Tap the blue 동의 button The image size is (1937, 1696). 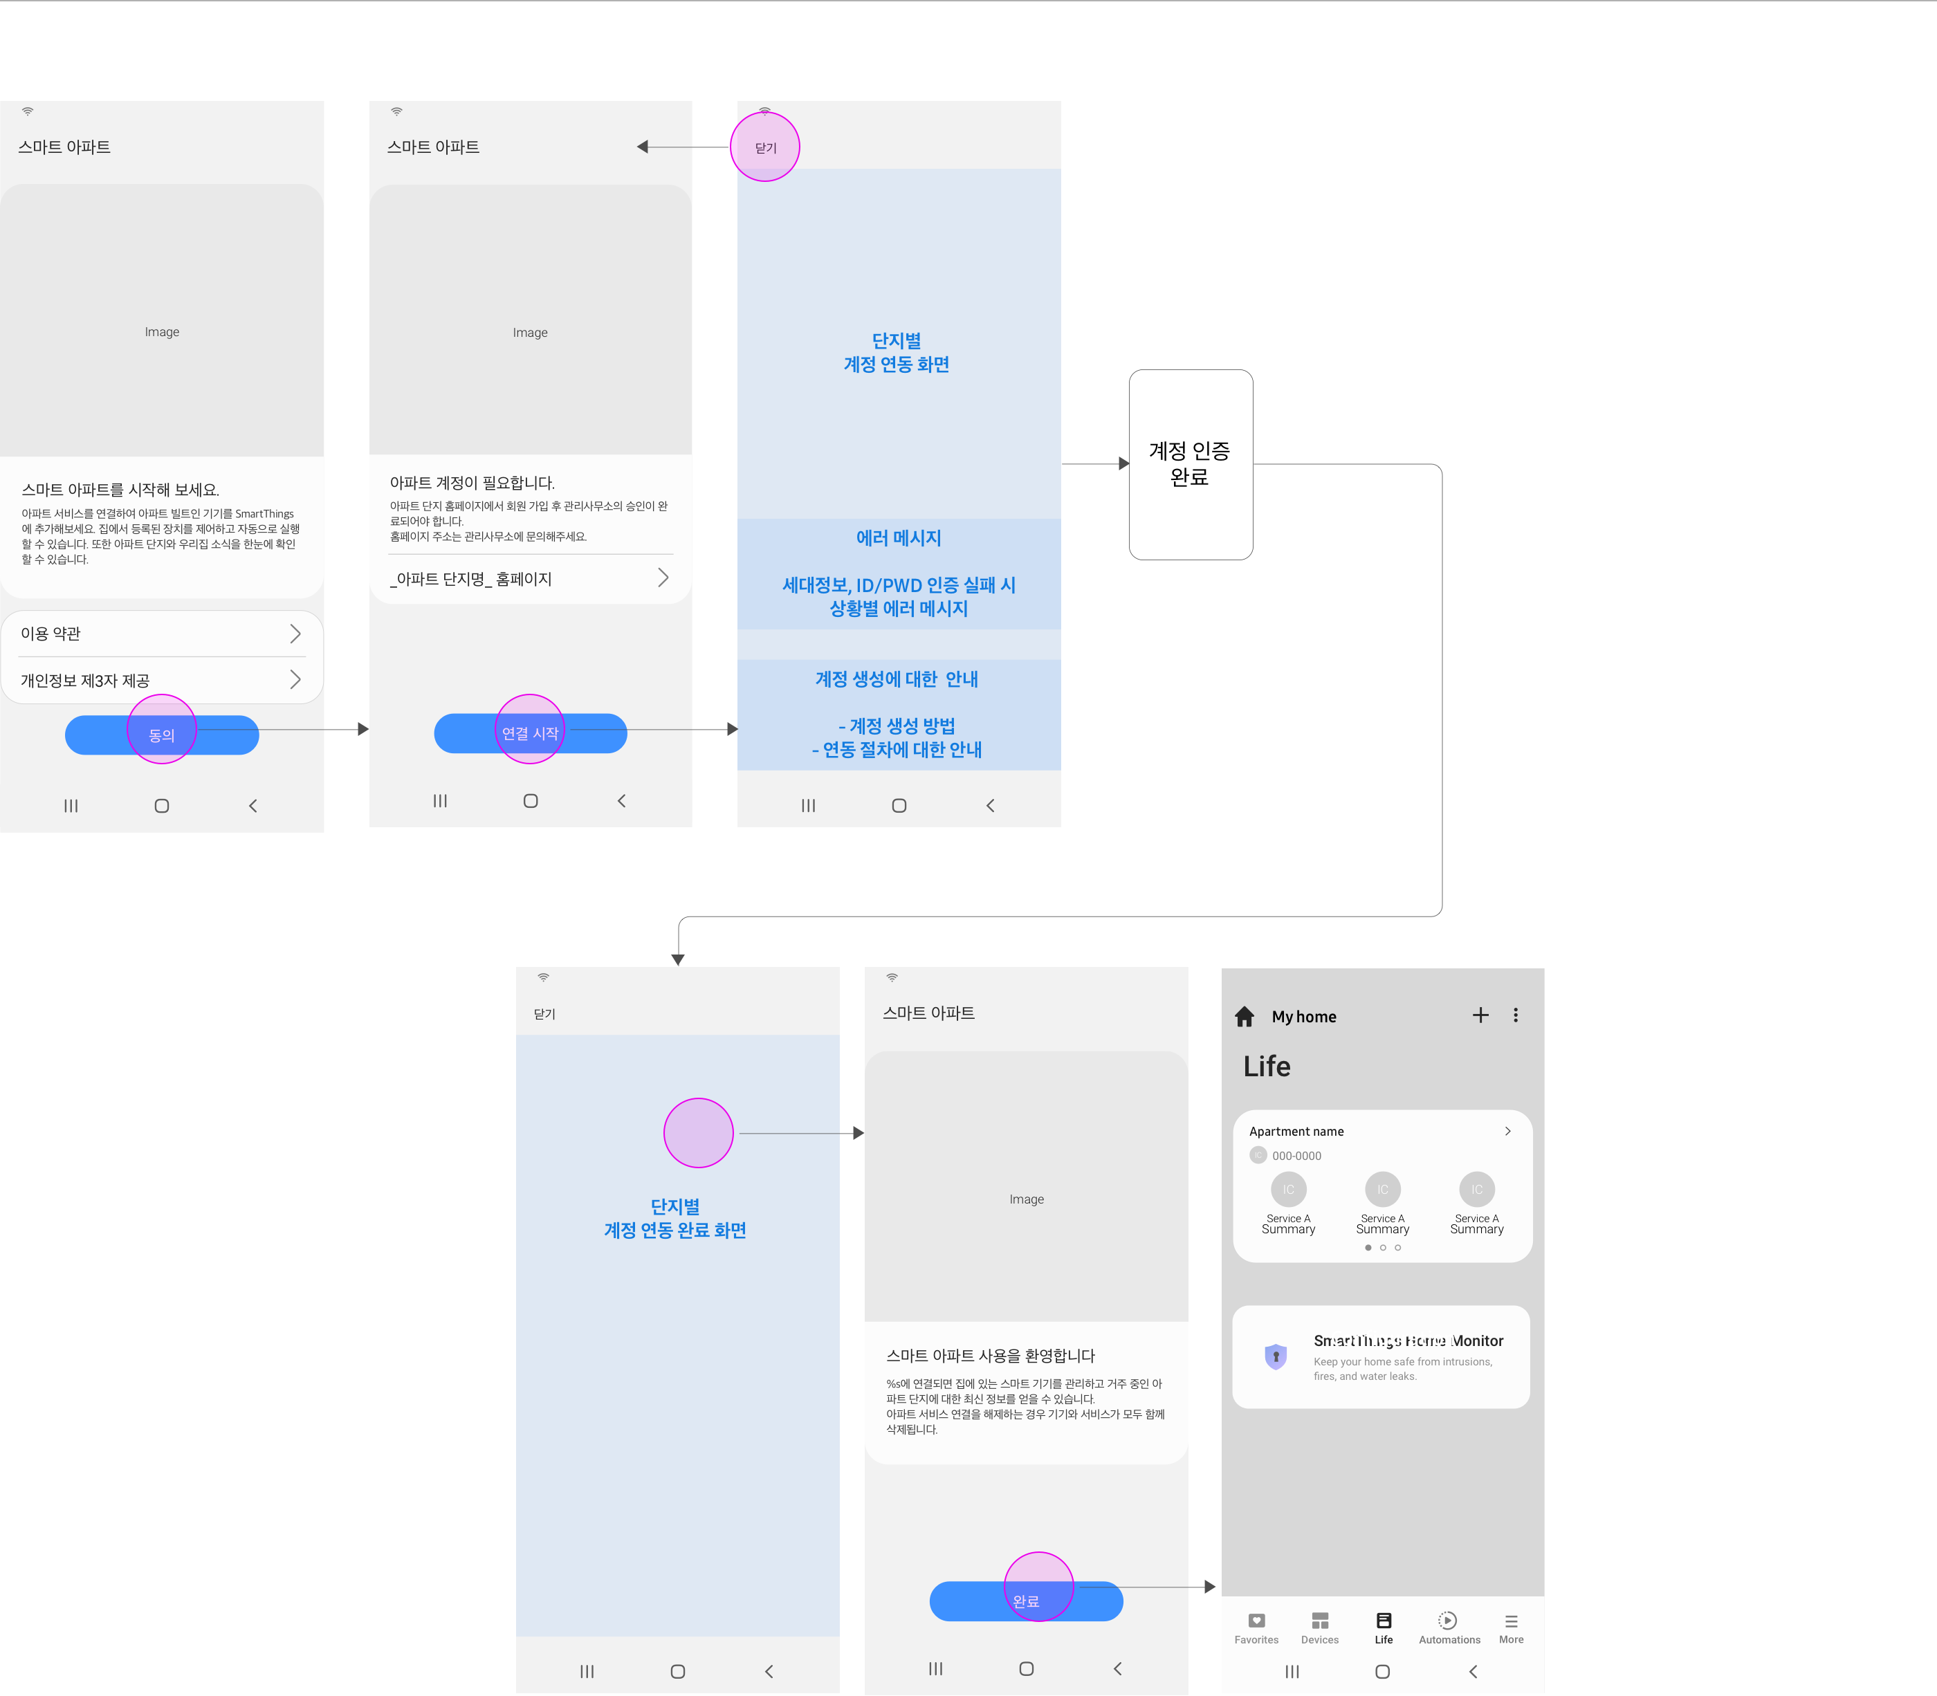click(162, 735)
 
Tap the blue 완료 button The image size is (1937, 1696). click(1025, 1601)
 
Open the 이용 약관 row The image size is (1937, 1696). click(161, 633)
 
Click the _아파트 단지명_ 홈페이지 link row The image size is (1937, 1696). click(529, 578)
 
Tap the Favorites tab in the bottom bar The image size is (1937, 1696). click(1256, 1628)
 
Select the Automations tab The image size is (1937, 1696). click(1449, 1628)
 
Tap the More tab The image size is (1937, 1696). click(1511, 1628)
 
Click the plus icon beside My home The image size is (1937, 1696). click(1480, 1015)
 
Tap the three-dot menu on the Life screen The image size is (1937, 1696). click(1516, 1015)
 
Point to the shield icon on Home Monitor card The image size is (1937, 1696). click(1275, 1356)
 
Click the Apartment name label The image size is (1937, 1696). click(1296, 1131)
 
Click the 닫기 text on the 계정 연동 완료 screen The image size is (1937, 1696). click(544, 1013)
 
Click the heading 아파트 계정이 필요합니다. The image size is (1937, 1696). click(472, 483)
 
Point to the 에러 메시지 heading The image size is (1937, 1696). click(899, 537)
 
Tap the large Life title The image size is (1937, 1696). click(1267, 1066)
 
